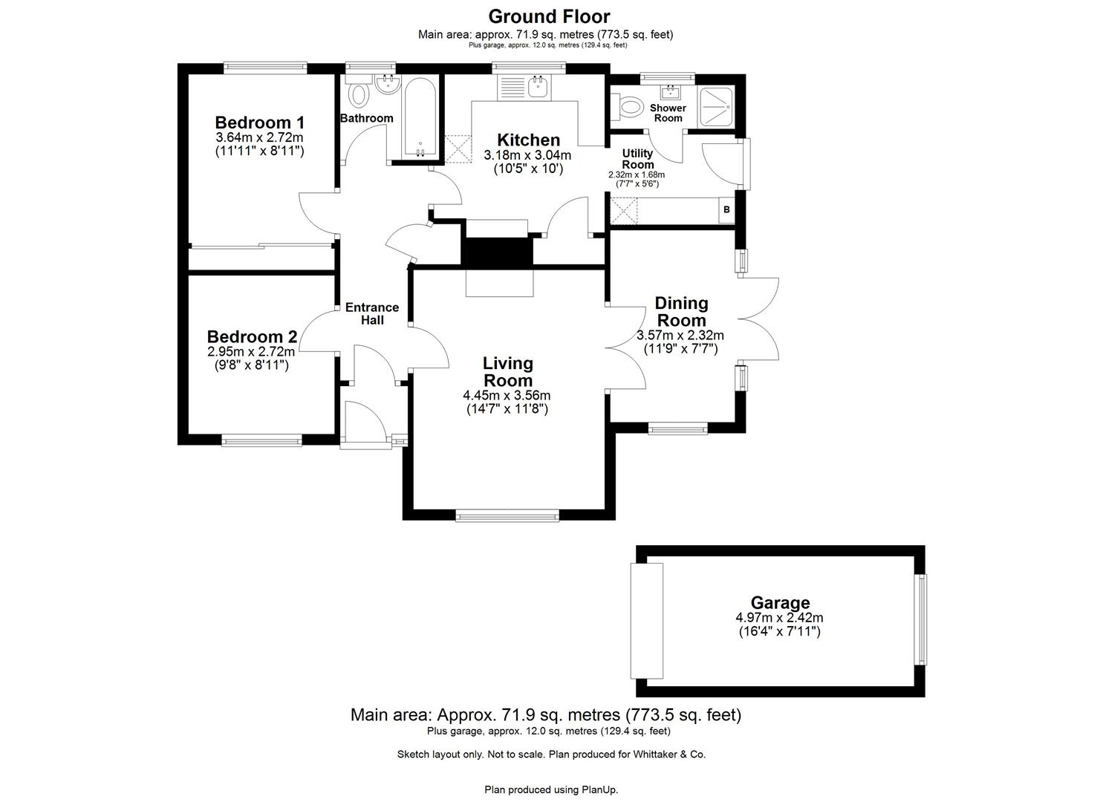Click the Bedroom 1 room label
click(259, 123)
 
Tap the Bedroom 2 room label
click(252, 336)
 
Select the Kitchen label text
click(528, 140)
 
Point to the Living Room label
click(507, 372)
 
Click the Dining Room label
click(681, 312)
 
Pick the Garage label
click(779, 603)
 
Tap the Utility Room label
click(637, 159)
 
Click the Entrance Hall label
click(372, 313)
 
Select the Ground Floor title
click(549, 16)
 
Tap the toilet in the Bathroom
click(359, 95)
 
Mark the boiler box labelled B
click(726, 210)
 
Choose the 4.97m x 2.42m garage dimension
click(779, 618)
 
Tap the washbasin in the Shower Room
click(672, 91)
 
